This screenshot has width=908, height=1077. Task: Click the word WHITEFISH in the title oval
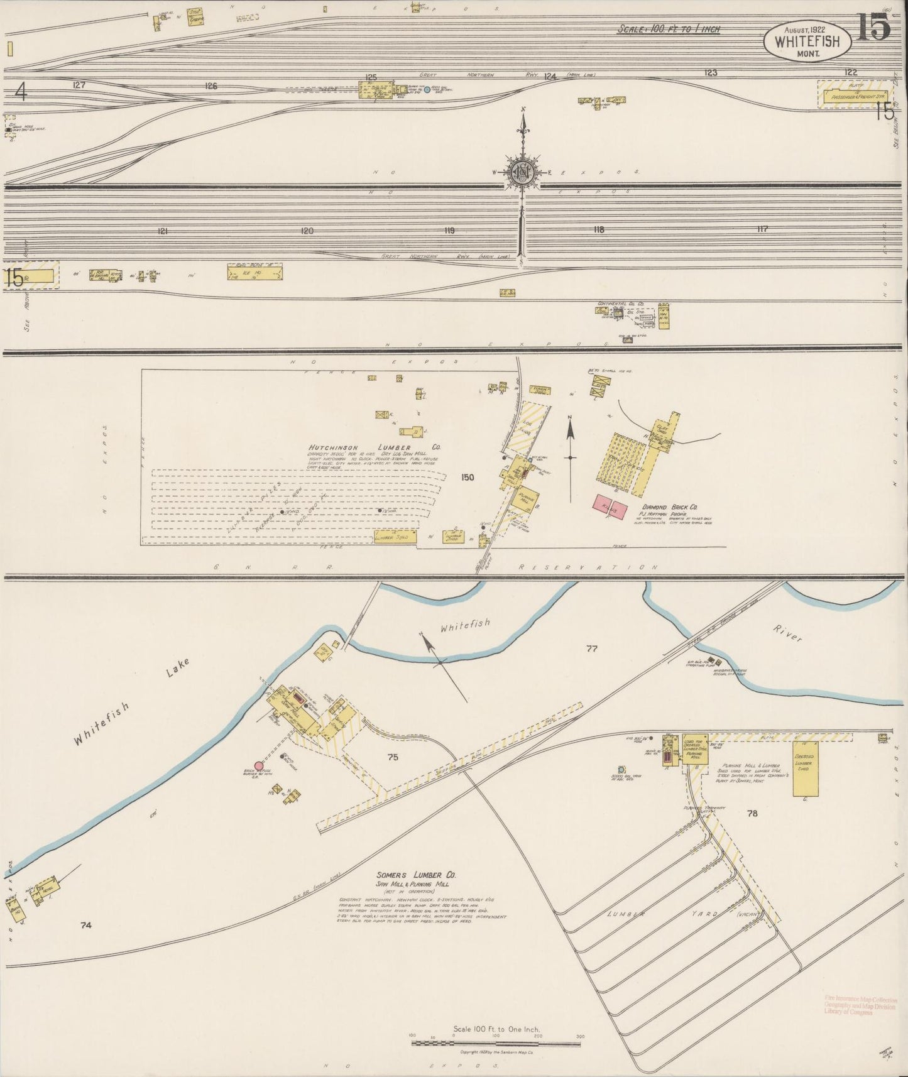click(x=807, y=43)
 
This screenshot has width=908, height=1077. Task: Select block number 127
click(x=79, y=85)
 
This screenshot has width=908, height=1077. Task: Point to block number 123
click(x=711, y=73)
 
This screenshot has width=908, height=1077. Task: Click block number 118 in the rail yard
click(x=598, y=230)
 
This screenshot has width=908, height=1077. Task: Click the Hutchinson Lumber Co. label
click(x=374, y=447)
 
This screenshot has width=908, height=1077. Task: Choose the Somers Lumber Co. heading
click(x=416, y=875)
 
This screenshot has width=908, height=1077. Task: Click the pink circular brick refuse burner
click(x=259, y=765)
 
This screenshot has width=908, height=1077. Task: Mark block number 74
click(x=86, y=924)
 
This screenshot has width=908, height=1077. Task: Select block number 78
click(x=752, y=813)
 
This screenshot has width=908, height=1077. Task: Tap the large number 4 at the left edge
click(x=21, y=93)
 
